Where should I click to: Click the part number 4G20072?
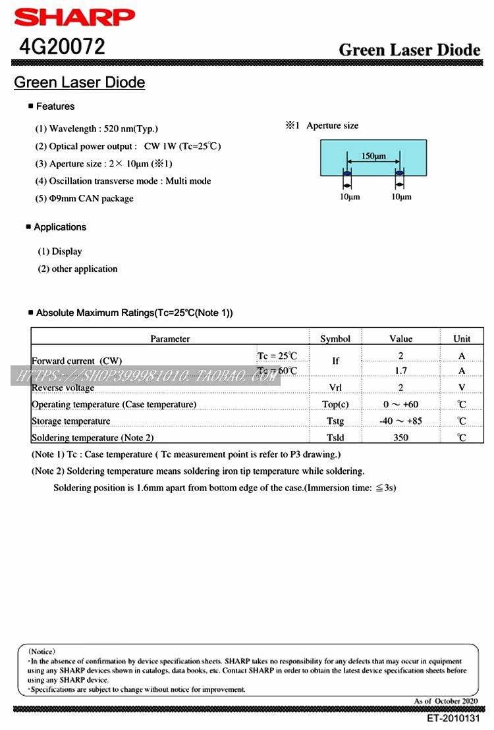[x=62, y=47]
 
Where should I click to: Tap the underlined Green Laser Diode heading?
[x=79, y=82]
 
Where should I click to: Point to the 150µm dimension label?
[x=373, y=156]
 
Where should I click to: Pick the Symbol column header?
[x=335, y=338]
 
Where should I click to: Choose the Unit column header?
[x=462, y=338]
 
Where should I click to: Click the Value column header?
[x=400, y=338]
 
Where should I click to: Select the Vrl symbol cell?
[x=335, y=388]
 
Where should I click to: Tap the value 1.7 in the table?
[x=400, y=371]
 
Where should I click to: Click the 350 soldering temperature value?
[x=400, y=437]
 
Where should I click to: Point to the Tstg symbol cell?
[x=335, y=421]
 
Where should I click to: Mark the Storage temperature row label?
[x=71, y=421]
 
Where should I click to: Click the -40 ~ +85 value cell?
[x=400, y=421]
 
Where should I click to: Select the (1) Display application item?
[x=60, y=251]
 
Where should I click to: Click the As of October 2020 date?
[x=447, y=701]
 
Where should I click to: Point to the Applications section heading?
[x=60, y=227]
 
